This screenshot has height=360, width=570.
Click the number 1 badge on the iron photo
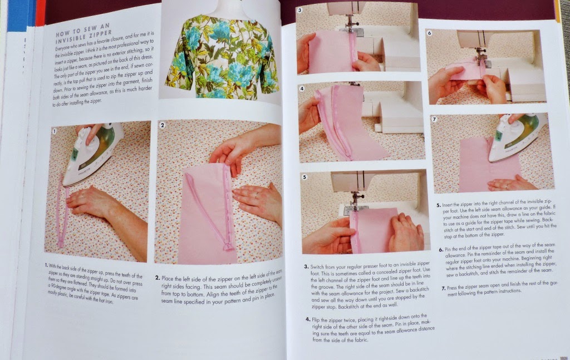click(x=54, y=131)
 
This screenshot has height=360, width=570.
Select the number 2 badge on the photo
click(x=162, y=125)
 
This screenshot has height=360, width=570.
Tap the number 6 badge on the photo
click(x=429, y=33)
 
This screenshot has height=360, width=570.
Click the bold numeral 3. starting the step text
click(x=307, y=267)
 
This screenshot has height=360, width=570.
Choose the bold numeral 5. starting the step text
click(x=439, y=204)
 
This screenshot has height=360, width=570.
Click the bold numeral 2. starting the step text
click(x=158, y=277)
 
